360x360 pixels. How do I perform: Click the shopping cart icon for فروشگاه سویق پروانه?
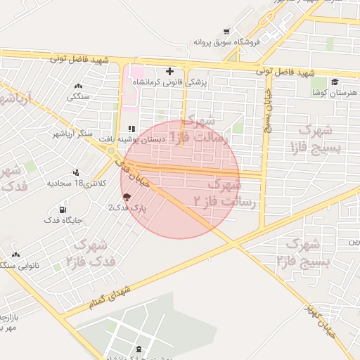(x=226, y=32)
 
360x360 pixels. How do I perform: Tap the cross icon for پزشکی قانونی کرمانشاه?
(x=169, y=71)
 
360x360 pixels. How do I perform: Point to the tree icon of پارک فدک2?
(x=127, y=198)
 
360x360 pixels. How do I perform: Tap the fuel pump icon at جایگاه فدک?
(x=63, y=210)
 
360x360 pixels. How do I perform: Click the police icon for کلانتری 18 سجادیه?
(x=76, y=172)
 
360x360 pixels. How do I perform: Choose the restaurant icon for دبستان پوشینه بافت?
(x=131, y=129)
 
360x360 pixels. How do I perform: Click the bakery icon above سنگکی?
(x=77, y=86)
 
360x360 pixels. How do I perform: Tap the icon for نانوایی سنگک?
(x=15, y=255)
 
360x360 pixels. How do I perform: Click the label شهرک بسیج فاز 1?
(x=319, y=139)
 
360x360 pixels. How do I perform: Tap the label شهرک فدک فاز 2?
(x=87, y=253)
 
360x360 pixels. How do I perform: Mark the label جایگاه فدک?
(x=63, y=220)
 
